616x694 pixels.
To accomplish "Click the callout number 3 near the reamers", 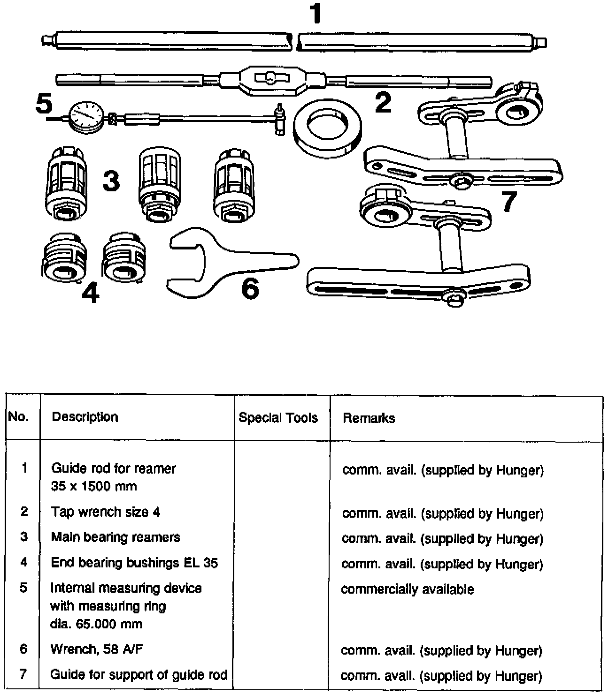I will (111, 181).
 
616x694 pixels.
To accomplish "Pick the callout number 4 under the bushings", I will (90, 294).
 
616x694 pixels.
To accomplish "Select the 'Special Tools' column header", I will (278, 418).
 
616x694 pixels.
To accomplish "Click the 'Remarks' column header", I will (369, 418).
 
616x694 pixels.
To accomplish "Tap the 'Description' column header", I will (85, 417).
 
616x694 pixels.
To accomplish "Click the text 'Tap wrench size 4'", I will (106, 512).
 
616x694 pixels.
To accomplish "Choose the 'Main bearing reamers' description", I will (115, 537).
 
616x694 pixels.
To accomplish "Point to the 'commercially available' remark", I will (407, 589).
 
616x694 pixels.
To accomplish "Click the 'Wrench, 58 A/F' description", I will (97, 649).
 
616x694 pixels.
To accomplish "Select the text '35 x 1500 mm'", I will (94, 486).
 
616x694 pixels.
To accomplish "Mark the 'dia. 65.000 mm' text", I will (96, 624).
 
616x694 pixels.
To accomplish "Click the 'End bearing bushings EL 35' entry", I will (134, 562).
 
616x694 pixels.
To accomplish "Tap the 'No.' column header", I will (18, 416).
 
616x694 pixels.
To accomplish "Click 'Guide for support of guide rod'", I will (139, 674).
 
